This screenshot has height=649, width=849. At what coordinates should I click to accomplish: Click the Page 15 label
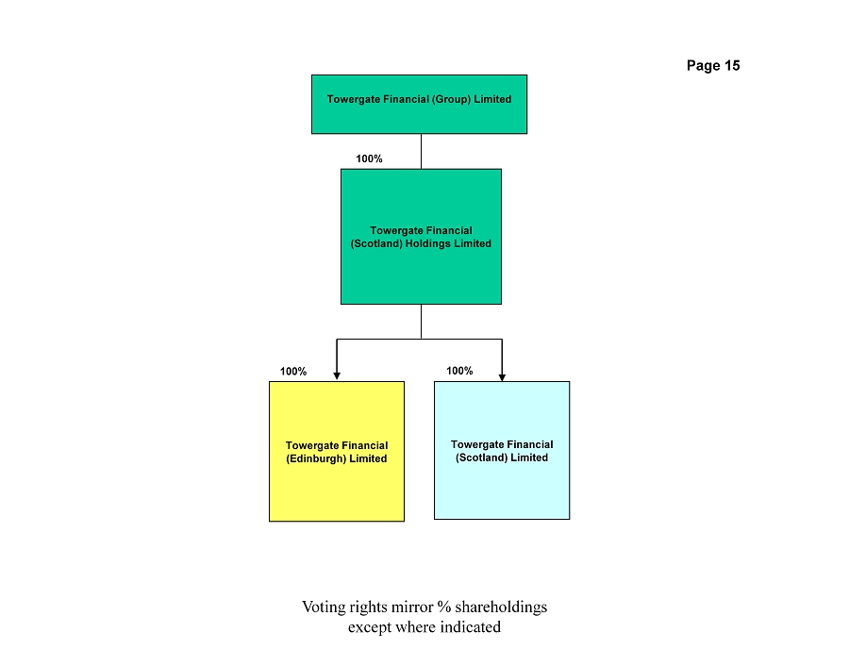point(713,65)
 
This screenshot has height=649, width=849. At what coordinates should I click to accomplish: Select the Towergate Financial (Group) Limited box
point(419,105)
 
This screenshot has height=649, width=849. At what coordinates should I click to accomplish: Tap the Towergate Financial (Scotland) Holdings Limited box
point(421,237)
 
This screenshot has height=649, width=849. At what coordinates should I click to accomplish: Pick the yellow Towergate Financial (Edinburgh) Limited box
point(337,452)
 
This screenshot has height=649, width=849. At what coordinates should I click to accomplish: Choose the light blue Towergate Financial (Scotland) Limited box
point(502,450)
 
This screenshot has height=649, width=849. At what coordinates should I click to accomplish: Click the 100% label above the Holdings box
point(369,158)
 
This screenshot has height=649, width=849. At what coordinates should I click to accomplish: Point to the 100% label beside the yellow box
point(293,372)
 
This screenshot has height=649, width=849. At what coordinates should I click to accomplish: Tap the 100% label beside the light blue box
point(459,371)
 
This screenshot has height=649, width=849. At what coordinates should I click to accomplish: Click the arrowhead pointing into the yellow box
point(337,376)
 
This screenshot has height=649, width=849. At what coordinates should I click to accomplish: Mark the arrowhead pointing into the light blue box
point(502,377)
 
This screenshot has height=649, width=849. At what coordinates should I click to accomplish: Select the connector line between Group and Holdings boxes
point(422,152)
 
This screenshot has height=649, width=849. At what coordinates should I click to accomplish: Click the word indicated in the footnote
point(470,626)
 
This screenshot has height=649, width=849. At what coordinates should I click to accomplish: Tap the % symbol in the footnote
point(444,607)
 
